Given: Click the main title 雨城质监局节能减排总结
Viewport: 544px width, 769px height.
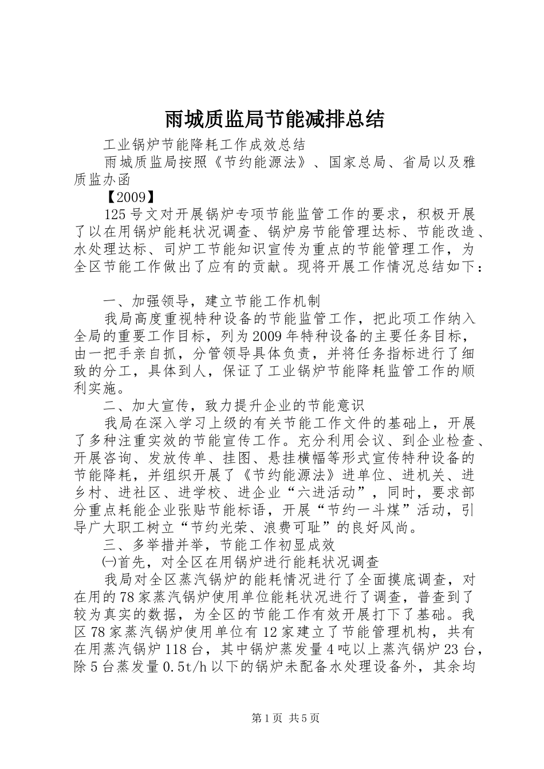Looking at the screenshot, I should (x=274, y=120).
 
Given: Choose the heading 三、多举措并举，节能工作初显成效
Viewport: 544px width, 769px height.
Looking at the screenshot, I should (x=219, y=545).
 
